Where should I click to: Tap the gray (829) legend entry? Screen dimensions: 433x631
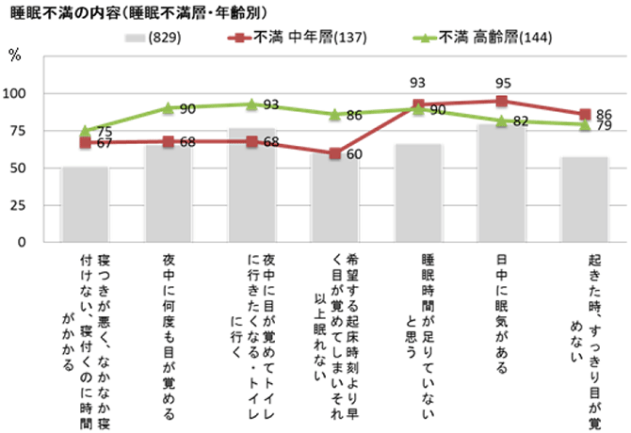(151, 39)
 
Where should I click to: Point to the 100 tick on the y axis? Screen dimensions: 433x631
(15, 94)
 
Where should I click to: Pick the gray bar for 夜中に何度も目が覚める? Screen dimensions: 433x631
(167, 194)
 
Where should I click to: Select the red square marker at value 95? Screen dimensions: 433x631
(502, 101)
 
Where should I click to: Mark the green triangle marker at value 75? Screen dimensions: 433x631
(84, 131)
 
